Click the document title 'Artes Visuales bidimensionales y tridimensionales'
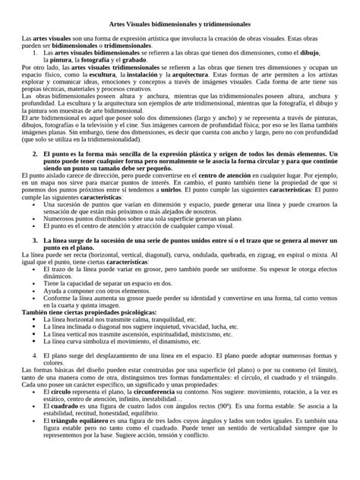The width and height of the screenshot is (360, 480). (x=180, y=23)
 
